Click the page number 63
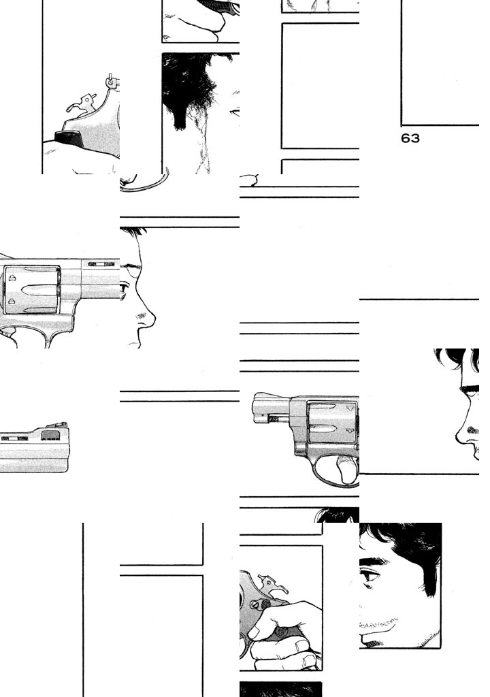410,138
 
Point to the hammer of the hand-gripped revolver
272,585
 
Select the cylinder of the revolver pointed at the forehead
31,290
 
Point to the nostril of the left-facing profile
472,430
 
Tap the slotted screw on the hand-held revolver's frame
254,605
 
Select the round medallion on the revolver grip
281,632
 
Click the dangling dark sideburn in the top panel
180,116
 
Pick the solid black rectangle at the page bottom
280,689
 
